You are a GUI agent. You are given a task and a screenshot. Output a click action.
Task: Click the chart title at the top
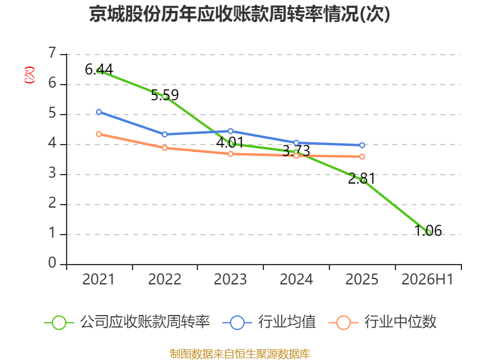pyautogui.click(x=239, y=14)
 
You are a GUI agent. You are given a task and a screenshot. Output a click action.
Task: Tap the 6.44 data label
pyautogui.click(x=99, y=69)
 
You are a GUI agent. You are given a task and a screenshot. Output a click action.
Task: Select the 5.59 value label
pyautogui.click(x=164, y=95)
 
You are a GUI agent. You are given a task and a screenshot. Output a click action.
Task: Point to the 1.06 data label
pyautogui.click(x=428, y=230)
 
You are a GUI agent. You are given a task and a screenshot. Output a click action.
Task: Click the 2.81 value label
pyautogui.click(x=362, y=178)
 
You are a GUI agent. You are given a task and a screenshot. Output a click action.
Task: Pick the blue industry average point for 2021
pyautogui.click(x=99, y=112)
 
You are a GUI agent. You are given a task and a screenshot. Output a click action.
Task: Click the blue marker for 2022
pyautogui.click(x=164, y=134)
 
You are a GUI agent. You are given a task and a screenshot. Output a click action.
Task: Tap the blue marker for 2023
pyautogui.click(x=230, y=131)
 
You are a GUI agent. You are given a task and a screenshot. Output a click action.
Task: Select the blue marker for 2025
pyautogui.click(x=362, y=145)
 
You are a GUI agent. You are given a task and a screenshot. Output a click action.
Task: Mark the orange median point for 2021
pyautogui.click(x=99, y=134)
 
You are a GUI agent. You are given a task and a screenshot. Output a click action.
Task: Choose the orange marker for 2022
pyautogui.click(x=164, y=148)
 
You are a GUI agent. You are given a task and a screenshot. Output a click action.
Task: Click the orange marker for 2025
pyautogui.click(x=362, y=157)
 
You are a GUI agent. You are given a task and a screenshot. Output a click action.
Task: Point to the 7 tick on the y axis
pyautogui.click(x=52, y=53)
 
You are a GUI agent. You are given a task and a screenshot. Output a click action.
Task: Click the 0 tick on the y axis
pyautogui.click(x=52, y=263)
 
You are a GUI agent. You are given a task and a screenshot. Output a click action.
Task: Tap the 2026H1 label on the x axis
pyautogui.click(x=427, y=280)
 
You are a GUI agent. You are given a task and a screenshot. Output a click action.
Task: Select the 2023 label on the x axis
pyautogui.click(x=230, y=280)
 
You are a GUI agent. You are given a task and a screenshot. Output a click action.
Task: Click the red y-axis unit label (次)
pyautogui.click(x=29, y=75)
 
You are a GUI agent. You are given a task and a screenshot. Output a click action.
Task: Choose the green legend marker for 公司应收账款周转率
pyautogui.click(x=59, y=323)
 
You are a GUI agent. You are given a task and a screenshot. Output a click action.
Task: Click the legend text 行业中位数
pyautogui.click(x=400, y=322)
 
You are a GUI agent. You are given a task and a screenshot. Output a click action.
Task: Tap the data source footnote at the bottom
pyautogui.click(x=239, y=354)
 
